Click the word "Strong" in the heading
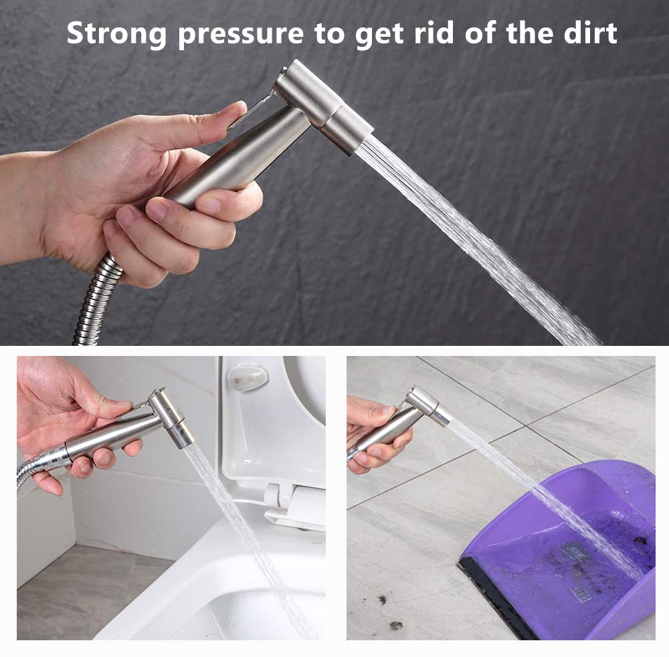(116, 33)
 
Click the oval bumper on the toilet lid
(248, 376)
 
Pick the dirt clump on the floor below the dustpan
(396, 626)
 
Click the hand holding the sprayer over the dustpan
(375, 431)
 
